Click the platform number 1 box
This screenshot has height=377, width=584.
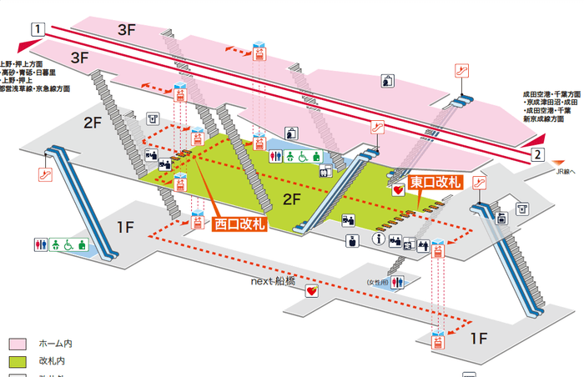pos(37,28)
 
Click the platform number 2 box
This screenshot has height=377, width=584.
pos(538,154)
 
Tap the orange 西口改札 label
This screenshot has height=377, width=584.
pos(239,223)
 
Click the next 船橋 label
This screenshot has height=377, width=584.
pos(273,281)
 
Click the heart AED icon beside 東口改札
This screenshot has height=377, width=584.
pos(397,189)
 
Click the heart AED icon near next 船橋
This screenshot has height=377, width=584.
pos(312,291)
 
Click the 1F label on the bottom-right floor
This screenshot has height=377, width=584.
pos(477,337)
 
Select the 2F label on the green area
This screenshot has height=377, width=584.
pos(292,199)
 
